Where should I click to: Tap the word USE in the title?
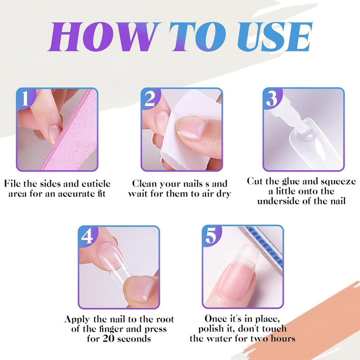[275, 36]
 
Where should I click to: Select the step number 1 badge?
[26, 97]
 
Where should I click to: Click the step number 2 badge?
[150, 98]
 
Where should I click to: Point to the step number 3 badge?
[272, 98]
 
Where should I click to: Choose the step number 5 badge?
[212, 235]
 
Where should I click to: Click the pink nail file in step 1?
[73, 133]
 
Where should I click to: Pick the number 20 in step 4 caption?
[108, 339]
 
